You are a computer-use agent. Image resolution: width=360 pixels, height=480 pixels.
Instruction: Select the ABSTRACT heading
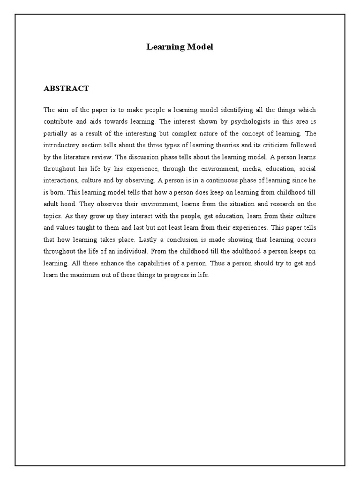[66, 88]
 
